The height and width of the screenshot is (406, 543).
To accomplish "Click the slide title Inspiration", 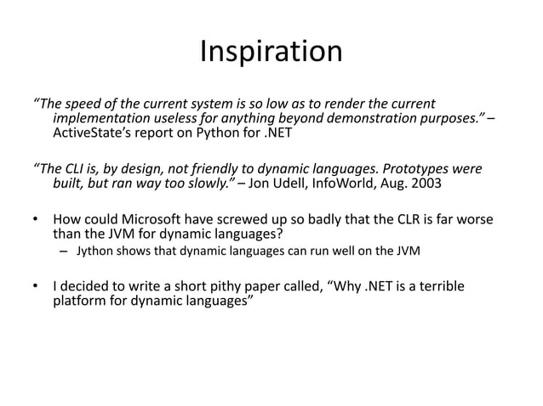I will click(271, 53).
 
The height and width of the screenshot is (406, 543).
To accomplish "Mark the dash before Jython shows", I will click(64, 251).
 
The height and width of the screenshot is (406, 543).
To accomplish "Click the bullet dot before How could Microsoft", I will click(37, 219).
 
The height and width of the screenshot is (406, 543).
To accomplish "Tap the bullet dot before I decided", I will click(37, 286).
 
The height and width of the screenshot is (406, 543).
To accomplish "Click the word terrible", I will click(437, 286).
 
